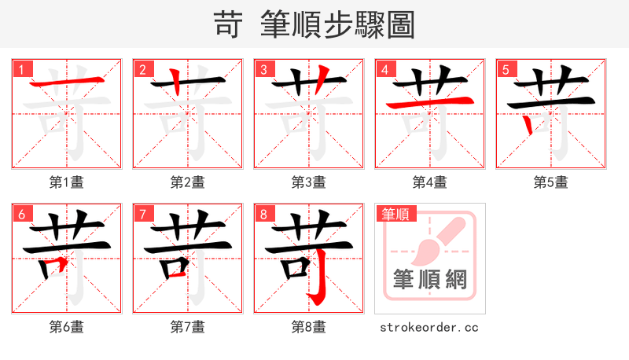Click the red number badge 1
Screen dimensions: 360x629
[x=21, y=69]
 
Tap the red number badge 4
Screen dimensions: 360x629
[x=384, y=69]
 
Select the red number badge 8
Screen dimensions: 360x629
[x=263, y=214]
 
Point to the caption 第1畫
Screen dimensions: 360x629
[x=66, y=182]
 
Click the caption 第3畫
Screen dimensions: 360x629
[x=308, y=182]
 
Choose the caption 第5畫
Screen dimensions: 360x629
[x=550, y=182]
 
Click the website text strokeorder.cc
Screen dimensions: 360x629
[x=429, y=327]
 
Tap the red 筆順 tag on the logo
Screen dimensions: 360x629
[x=395, y=215]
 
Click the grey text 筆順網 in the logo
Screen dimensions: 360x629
[x=430, y=280]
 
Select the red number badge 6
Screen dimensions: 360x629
[x=21, y=214]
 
